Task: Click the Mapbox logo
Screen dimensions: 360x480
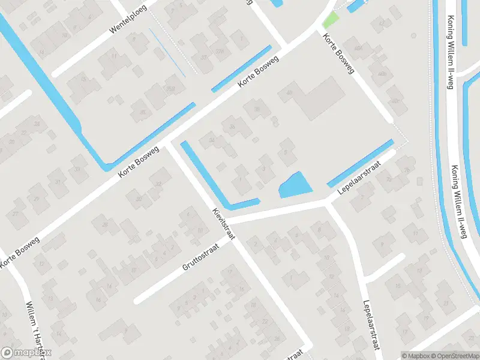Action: [x=26, y=353]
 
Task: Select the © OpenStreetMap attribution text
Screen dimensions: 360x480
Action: [x=451, y=356]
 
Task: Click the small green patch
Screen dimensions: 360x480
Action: [x=330, y=20]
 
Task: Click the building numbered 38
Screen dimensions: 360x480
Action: [x=257, y=109]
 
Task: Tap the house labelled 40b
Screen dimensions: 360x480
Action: [x=382, y=74]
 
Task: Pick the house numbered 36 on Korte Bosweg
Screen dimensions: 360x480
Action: [x=232, y=127]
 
